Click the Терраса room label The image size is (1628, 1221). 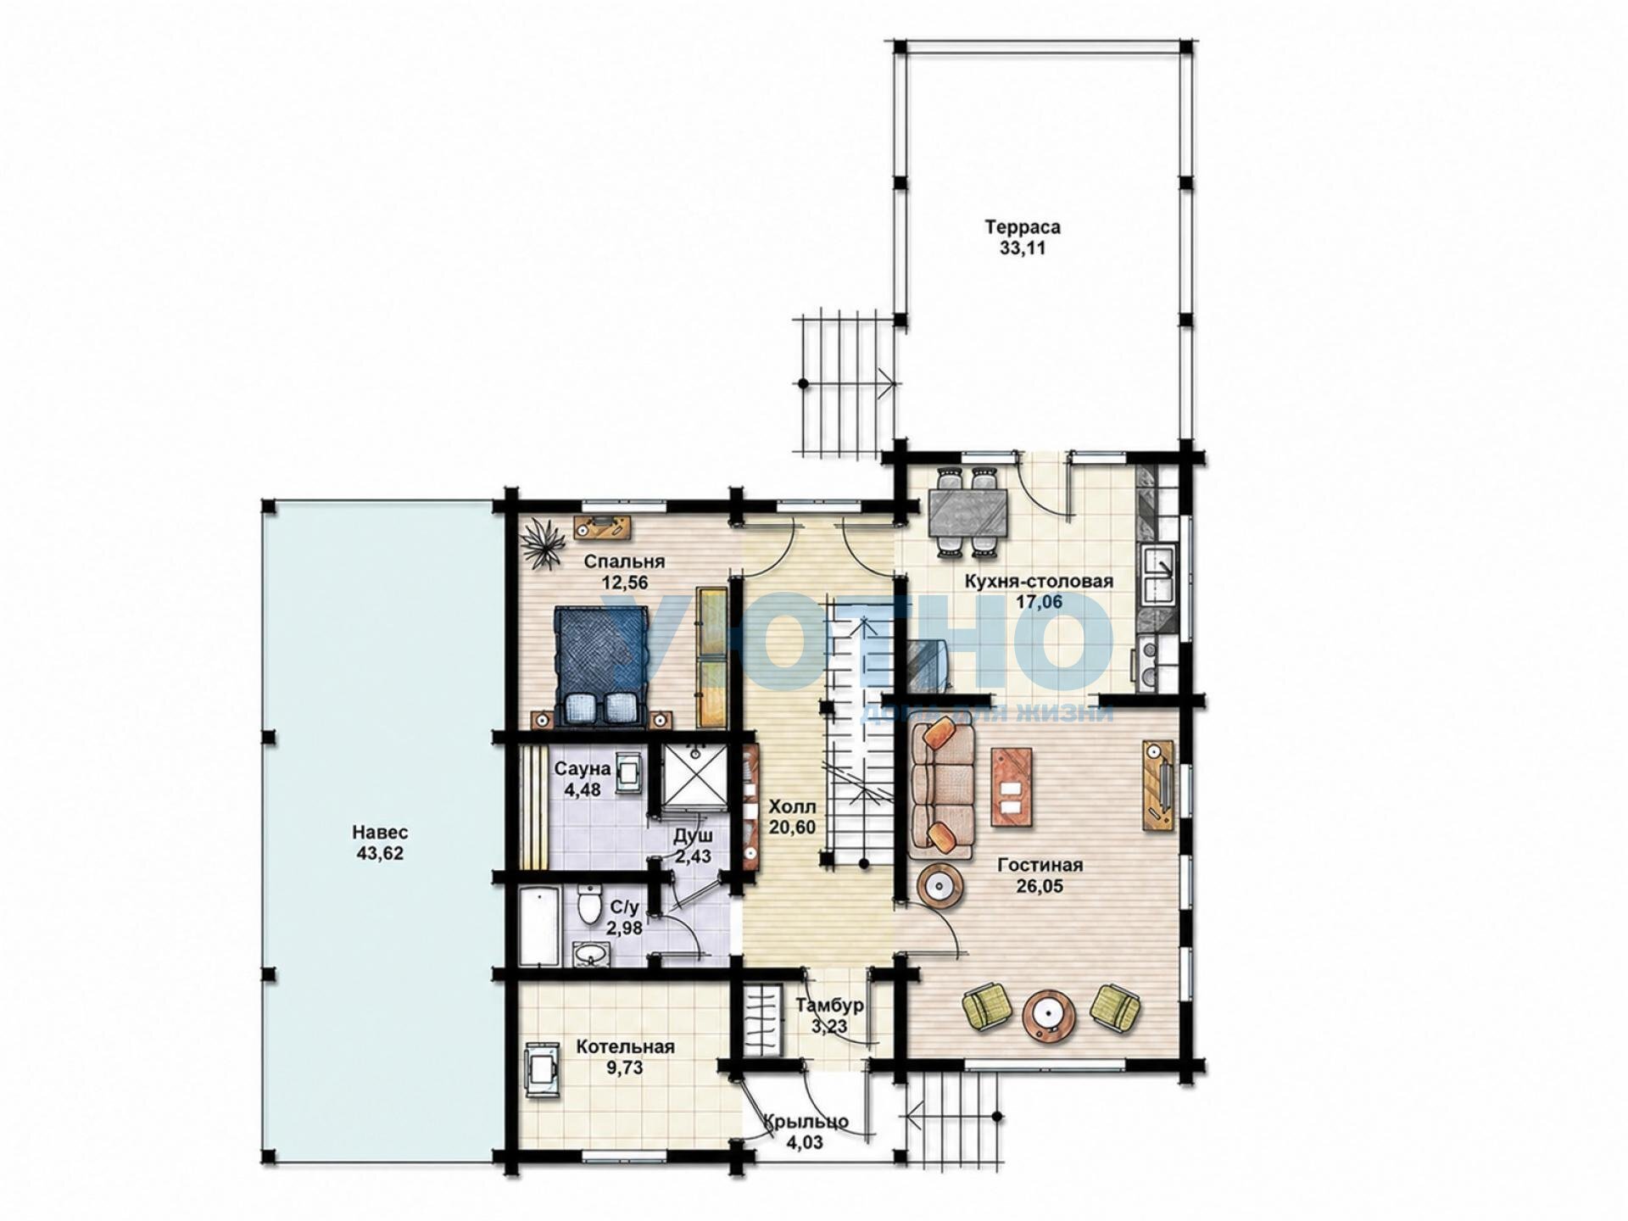[1022, 227]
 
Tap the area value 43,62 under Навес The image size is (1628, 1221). [380, 854]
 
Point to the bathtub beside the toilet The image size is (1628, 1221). [538, 927]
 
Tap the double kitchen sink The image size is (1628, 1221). [1157, 576]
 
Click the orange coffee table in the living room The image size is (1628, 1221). [1012, 787]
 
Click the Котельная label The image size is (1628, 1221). [625, 1047]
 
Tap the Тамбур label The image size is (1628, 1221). [830, 1006]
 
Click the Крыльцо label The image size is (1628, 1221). [806, 1122]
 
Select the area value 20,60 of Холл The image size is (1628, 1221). [792, 827]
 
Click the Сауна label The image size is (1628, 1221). [582, 769]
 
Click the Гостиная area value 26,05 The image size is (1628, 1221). [1040, 886]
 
